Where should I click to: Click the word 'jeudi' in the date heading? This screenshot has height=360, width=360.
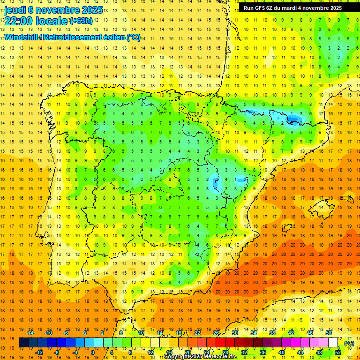tap(15, 10)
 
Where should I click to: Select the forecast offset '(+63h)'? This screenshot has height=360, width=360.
tap(81, 21)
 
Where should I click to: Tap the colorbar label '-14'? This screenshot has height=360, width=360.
tap(30, 333)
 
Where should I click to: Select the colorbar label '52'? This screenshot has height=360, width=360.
tap(337, 352)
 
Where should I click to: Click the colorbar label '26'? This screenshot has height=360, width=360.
tap(216, 333)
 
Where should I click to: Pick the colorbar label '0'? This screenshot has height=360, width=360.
tap(93, 352)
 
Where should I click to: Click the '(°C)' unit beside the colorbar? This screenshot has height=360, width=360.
tap(349, 343)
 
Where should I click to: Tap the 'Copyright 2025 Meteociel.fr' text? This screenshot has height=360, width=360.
tap(200, 357)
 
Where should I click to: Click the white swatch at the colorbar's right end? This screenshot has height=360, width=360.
tap(333, 343)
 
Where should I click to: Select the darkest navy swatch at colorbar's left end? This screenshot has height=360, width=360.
tap(23, 343)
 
